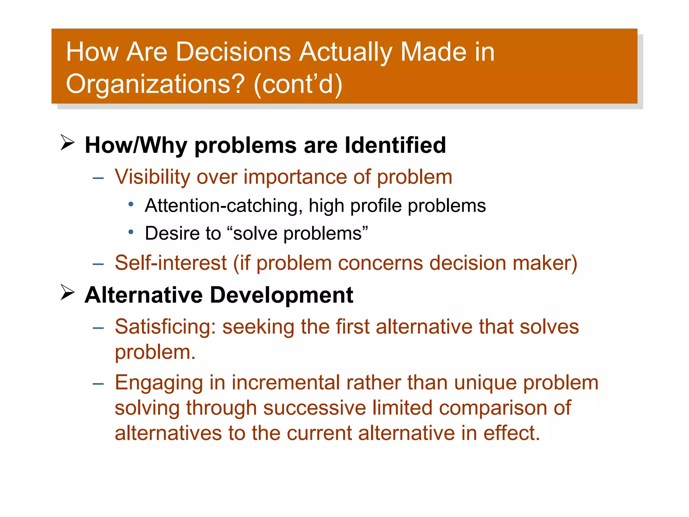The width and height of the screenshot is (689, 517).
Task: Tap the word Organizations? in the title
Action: point(155,84)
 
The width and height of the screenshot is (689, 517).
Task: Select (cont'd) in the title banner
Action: point(298,84)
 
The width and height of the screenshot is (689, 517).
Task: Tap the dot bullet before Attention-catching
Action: point(131,204)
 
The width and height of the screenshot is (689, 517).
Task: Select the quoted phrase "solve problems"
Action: point(297,233)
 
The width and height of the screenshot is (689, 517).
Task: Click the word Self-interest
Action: point(171,263)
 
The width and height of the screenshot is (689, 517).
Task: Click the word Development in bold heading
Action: point(282,295)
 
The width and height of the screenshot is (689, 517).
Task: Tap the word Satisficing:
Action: point(165,327)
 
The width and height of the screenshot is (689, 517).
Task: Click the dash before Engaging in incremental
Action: point(98,383)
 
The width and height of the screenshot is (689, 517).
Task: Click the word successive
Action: point(314,408)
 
